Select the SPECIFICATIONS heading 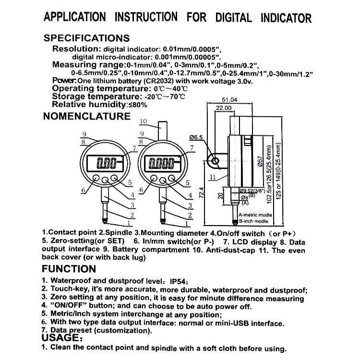86,38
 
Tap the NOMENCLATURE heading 87,116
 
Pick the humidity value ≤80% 136,104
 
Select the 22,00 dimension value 224,109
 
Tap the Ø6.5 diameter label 196,137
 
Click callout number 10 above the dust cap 143,120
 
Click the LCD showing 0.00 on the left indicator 107,164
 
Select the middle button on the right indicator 163,181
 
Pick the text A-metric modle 255,215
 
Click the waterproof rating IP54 180,281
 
